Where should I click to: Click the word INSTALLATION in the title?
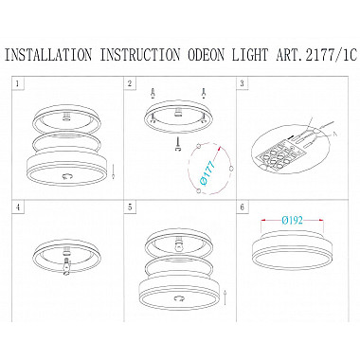(x=48, y=55)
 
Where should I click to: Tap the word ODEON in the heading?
(x=207, y=55)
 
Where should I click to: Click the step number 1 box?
(x=18, y=83)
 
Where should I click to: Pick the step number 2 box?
(x=130, y=83)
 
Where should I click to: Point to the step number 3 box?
(x=242, y=83)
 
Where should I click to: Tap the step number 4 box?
(x=18, y=207)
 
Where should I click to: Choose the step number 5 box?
(x=130, y=207)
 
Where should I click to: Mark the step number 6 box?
(x=242, y=207)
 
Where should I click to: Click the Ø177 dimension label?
(x=207, y=172)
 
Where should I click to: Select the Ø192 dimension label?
(x=292, y=220)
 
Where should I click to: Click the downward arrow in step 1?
(x=113, y=171)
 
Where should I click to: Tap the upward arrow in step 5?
(x=225, y=297)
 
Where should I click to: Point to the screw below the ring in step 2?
(x=178, y=144)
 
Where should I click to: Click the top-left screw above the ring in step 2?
(x=153, y=93)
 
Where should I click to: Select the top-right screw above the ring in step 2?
(x=205, y=93)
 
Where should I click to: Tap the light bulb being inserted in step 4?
(x=66, y=266)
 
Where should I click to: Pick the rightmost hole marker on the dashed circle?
(x=231, y=169)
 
